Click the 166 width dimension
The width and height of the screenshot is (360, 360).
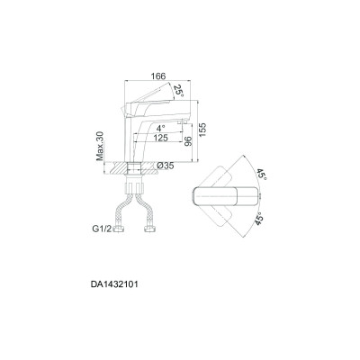[158, 76]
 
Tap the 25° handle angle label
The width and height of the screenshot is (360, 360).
[178, 90]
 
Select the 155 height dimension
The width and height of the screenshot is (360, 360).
[202, 130]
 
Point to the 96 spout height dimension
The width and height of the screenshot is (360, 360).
[188, 141]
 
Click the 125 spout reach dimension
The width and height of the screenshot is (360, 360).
[160, 138]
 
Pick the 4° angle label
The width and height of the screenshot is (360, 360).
[161, 129]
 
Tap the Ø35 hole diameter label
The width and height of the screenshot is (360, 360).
[166, 166]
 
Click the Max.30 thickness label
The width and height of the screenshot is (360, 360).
[100, 146]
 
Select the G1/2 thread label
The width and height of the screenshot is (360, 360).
[102, 229]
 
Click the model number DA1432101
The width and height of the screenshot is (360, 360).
[114, 284]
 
